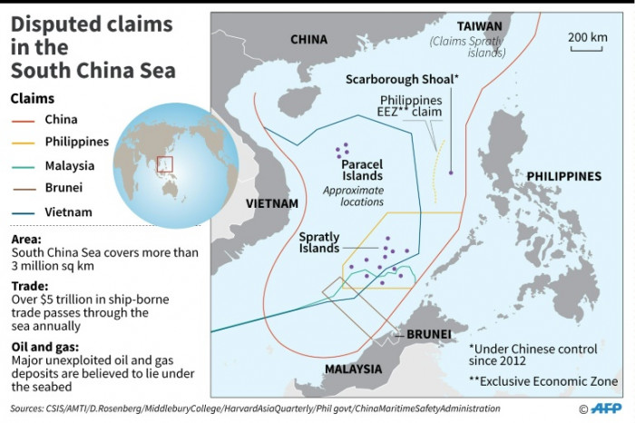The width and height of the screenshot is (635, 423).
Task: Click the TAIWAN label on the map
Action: tap(479, 26)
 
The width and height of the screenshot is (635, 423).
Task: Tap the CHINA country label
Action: tap(308, 39)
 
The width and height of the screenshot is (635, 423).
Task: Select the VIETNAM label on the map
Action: tap(271, 204)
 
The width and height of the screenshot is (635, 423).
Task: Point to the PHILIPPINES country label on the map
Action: tap(563, 176)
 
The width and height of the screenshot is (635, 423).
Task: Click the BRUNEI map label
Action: tap(428, 334)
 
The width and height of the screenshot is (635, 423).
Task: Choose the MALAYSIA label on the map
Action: tap(354, 369)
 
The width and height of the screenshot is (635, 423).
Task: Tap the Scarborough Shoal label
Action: tap(402, 80)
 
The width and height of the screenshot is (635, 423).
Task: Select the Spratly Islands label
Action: tap(319, 242)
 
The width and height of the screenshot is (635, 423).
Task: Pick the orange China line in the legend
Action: tap(24, 120)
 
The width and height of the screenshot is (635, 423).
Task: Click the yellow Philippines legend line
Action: tap(24, 143)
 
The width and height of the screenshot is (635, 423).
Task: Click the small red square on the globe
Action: tap(164, 164)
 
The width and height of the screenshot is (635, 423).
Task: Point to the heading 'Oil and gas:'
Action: tap(43, 346)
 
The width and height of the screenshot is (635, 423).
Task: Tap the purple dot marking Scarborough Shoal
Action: tap(451, 172)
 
